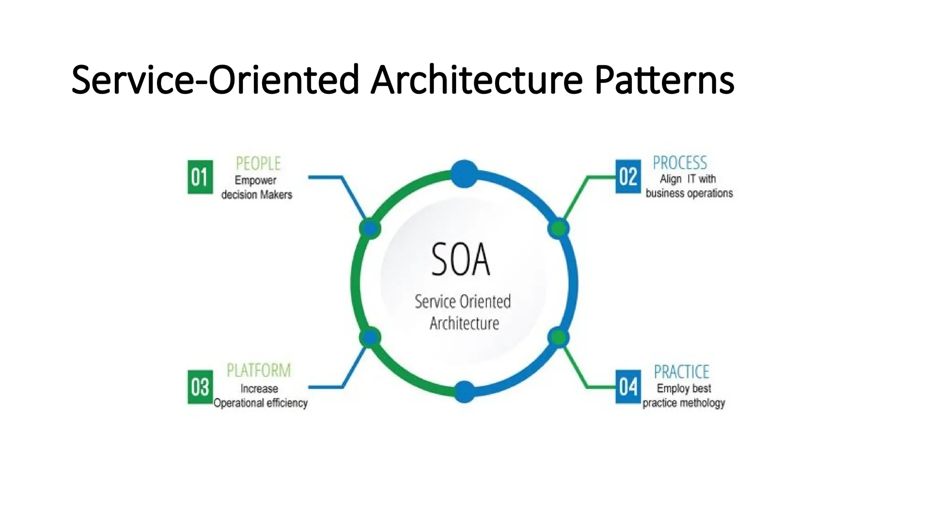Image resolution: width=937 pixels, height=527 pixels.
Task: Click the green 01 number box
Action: (200, 177)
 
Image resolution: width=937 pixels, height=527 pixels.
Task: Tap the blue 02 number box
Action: (628, 177)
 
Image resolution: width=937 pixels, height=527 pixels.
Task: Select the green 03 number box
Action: (200, 387)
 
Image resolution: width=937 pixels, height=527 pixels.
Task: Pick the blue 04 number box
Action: (628, 387)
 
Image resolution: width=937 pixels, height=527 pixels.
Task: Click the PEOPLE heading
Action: (258, 163)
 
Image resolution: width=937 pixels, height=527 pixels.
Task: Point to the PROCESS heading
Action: (679, 163)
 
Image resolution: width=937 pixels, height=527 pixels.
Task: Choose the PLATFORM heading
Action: (258, 370)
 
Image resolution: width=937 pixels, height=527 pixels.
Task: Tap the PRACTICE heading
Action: (681, 371)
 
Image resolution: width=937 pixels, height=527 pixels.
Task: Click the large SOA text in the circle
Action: (460, 260)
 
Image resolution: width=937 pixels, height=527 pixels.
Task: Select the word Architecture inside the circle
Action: (464, 323)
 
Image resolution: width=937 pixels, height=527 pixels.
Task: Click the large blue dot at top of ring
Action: (464, 174)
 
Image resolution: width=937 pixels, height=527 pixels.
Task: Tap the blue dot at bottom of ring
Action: (464, 392)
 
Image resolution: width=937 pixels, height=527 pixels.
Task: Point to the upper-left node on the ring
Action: (370, 228)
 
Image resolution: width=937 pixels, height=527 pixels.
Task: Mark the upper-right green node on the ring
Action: (558, 228)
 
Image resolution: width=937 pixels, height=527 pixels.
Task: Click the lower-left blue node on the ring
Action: (370, 338)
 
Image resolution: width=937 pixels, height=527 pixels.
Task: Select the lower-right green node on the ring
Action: (558, 338)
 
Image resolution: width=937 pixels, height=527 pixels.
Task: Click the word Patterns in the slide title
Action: (664, 80)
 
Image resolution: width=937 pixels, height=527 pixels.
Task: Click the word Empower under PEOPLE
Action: (255, 180)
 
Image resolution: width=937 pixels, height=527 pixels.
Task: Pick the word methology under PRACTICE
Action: (704, 403)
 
